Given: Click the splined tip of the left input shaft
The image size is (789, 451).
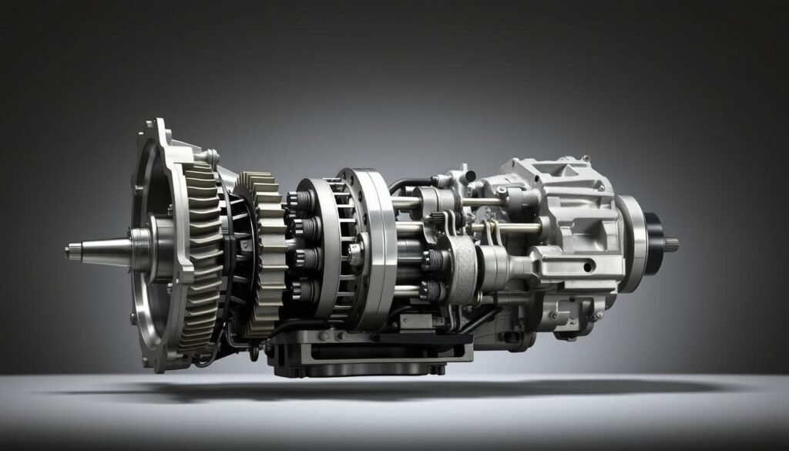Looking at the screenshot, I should coord(72,251).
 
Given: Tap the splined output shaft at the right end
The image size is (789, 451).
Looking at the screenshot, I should coord(671,244).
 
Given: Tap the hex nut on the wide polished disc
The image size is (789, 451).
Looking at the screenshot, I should coord(355,250).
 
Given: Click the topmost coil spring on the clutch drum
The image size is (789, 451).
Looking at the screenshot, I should coord(303,201).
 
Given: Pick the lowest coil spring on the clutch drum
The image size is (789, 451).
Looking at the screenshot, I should coord(304,292).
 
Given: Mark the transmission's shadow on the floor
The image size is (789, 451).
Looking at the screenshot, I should coord(385,389).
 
